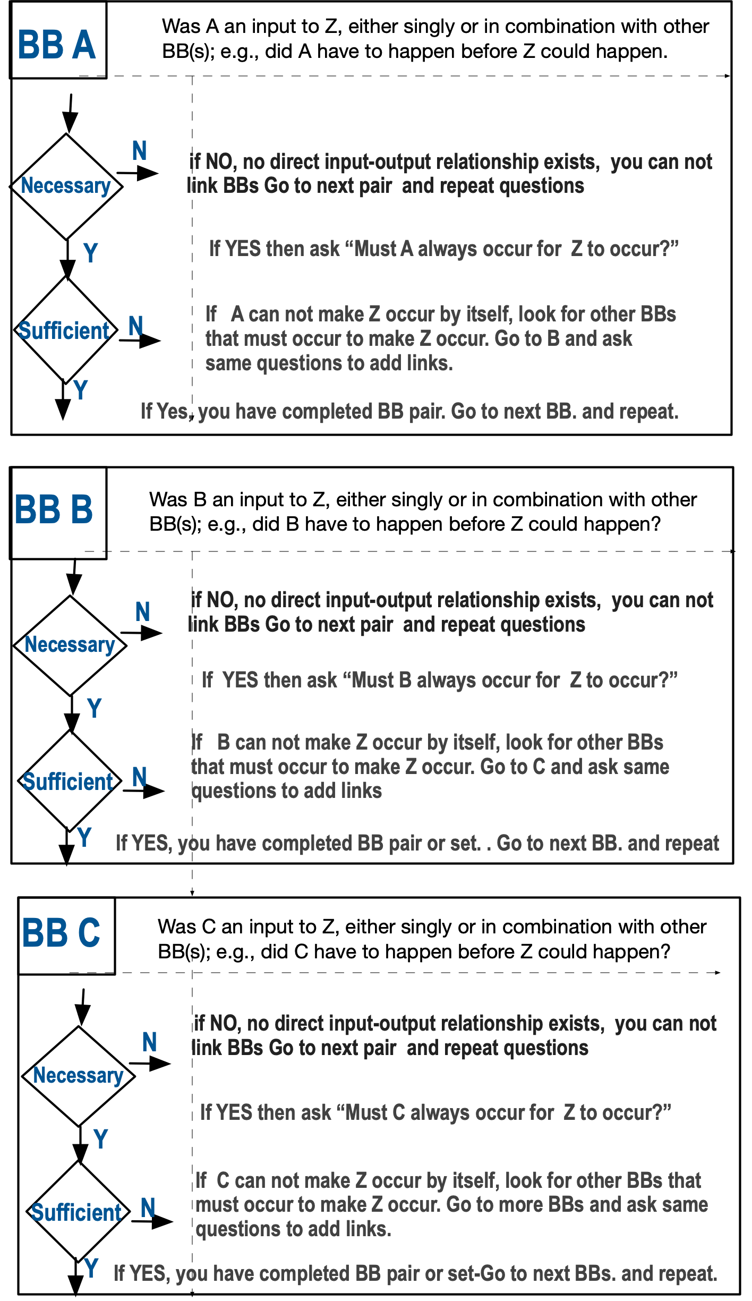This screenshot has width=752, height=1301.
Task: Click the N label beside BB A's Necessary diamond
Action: [x=140, y=151]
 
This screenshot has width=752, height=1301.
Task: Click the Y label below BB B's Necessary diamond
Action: [x=95, y=708]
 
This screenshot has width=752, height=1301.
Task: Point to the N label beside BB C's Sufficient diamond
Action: [x=148, y=1208]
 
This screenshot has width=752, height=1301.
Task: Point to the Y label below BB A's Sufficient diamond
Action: [x=81, y=390]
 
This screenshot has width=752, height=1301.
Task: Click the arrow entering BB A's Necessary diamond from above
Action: [x=70, y=114]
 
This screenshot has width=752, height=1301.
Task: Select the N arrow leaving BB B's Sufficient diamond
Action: [x=144, y=791]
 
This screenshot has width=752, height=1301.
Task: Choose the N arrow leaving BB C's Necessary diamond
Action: [x=150, y=1063]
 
